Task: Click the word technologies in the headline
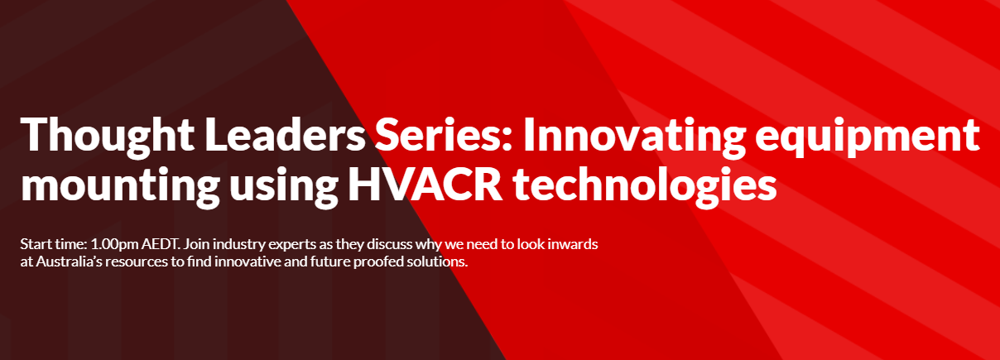(x=645, y=186)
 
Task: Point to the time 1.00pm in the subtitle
(x=114, y=245)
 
